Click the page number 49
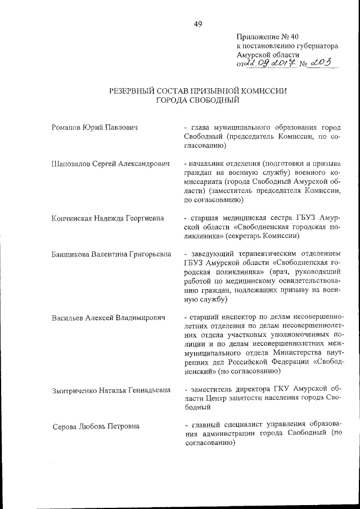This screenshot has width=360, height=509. point(197,24)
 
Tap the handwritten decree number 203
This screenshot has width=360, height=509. point(321,64)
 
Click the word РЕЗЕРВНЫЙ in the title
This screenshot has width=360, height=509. point(134,91)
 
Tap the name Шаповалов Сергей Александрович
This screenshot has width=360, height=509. point(110,163)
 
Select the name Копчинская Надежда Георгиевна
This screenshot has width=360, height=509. point(110,218)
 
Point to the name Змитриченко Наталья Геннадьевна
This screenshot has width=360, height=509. point(111,389)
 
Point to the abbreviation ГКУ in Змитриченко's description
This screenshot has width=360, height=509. point(284,389)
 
